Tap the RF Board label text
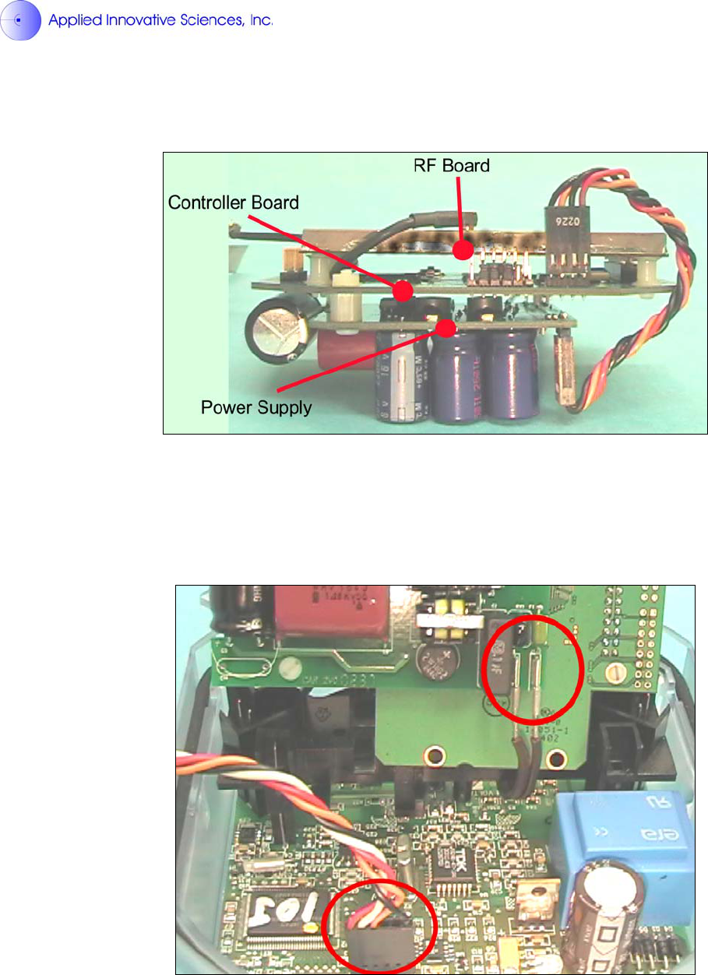451,165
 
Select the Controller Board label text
234,202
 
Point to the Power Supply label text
256,407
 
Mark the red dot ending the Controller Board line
403,291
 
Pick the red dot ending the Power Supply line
446,327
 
